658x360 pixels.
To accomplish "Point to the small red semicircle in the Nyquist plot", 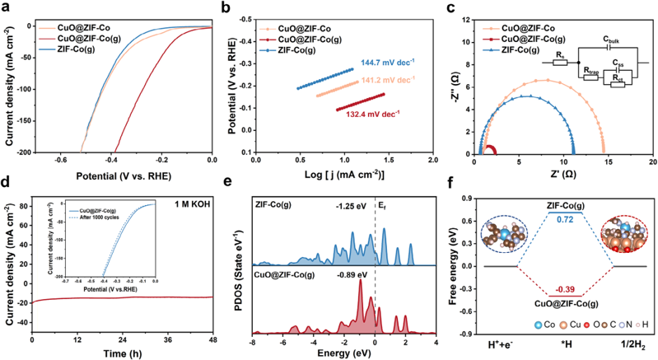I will [489, 150].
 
